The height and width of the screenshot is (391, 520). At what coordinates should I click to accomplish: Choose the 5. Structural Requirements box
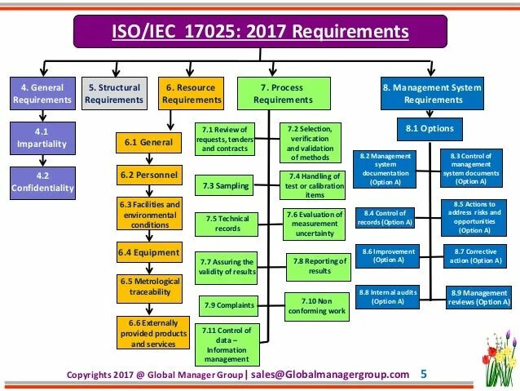[x=114, y=94]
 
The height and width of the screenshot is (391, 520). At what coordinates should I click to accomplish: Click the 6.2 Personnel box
[x=148, y=175]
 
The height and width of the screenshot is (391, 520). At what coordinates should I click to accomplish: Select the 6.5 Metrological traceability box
[x=148, y=288]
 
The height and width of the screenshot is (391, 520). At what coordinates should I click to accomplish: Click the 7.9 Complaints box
[x=227, y=306]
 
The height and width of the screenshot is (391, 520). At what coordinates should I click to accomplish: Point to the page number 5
[x=423, y=375]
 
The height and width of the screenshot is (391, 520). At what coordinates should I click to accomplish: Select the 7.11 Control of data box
[x=227, y=344]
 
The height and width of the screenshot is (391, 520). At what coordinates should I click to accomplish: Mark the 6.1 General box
[x=148, y=141]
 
